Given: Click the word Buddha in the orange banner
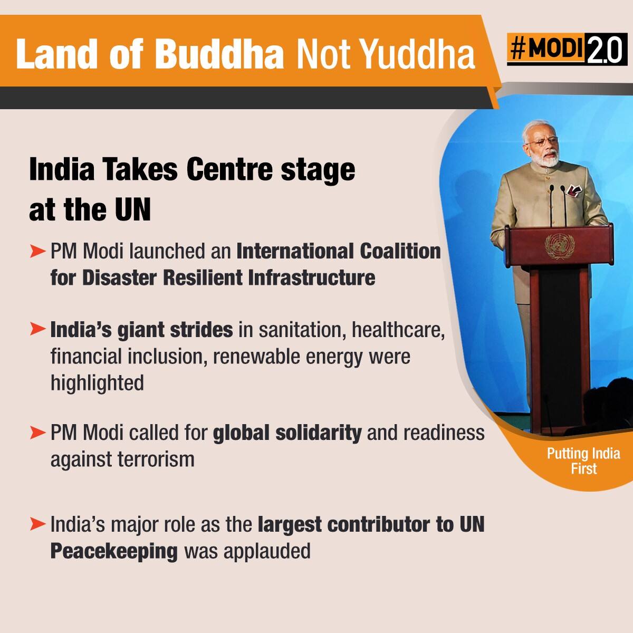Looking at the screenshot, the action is pos(219,54).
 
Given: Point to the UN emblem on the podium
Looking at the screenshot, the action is pos(560,246).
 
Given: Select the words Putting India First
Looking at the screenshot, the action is pos(583,461).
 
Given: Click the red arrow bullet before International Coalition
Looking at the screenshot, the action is pos(37,252).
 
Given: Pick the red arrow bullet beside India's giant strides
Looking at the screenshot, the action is pos(37,330).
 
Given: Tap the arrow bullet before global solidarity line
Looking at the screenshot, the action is pos(37,433).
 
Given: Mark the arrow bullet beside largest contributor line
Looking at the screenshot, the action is pos(37,524).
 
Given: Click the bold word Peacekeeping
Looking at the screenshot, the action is pos(114,552).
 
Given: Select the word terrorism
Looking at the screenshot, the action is pos(156,459).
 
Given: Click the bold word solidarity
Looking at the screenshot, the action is pos(318,433).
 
